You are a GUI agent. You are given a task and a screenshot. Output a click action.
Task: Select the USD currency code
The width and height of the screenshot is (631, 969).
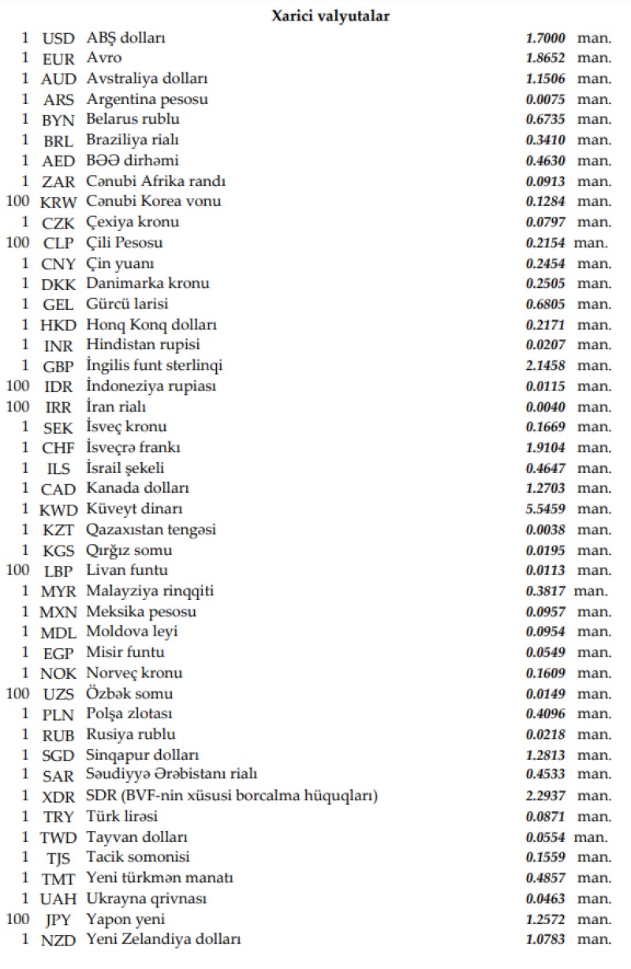point(58,38)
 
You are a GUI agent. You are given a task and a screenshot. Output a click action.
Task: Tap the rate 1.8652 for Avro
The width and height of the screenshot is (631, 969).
point(545,58)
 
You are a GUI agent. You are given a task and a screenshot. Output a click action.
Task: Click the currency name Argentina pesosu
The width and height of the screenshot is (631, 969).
point(147,99)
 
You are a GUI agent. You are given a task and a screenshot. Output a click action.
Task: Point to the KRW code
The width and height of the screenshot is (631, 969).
point(58,202)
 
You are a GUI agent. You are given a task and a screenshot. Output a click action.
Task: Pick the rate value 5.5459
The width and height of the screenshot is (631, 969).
point(545,509)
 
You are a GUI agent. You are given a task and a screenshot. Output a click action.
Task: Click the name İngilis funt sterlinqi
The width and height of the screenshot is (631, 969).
point(155,366)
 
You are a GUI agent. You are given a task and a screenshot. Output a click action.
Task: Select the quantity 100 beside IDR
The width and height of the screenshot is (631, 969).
point(17,386)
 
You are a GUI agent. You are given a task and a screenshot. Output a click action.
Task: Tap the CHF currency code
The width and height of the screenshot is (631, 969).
point(58,448)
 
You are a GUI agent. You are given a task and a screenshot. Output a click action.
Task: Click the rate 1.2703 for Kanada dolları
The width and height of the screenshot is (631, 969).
point(545,489)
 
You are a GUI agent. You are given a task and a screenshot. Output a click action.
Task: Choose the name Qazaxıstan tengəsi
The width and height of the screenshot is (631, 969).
point(151,530)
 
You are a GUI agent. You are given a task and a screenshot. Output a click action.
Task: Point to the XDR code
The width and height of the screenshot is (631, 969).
point(58,796)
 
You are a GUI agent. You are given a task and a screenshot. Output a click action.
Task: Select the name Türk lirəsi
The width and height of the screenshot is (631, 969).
point(122,816)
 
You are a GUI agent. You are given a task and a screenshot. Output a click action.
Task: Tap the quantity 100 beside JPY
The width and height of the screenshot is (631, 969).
point(17,919)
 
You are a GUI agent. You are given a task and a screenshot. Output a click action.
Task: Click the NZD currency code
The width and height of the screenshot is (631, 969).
point(58,940)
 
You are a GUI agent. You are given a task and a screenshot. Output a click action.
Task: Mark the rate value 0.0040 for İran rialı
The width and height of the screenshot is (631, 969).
point(545,407)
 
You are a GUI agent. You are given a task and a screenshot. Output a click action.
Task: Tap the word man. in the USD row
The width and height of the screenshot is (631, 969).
point(594,38)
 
